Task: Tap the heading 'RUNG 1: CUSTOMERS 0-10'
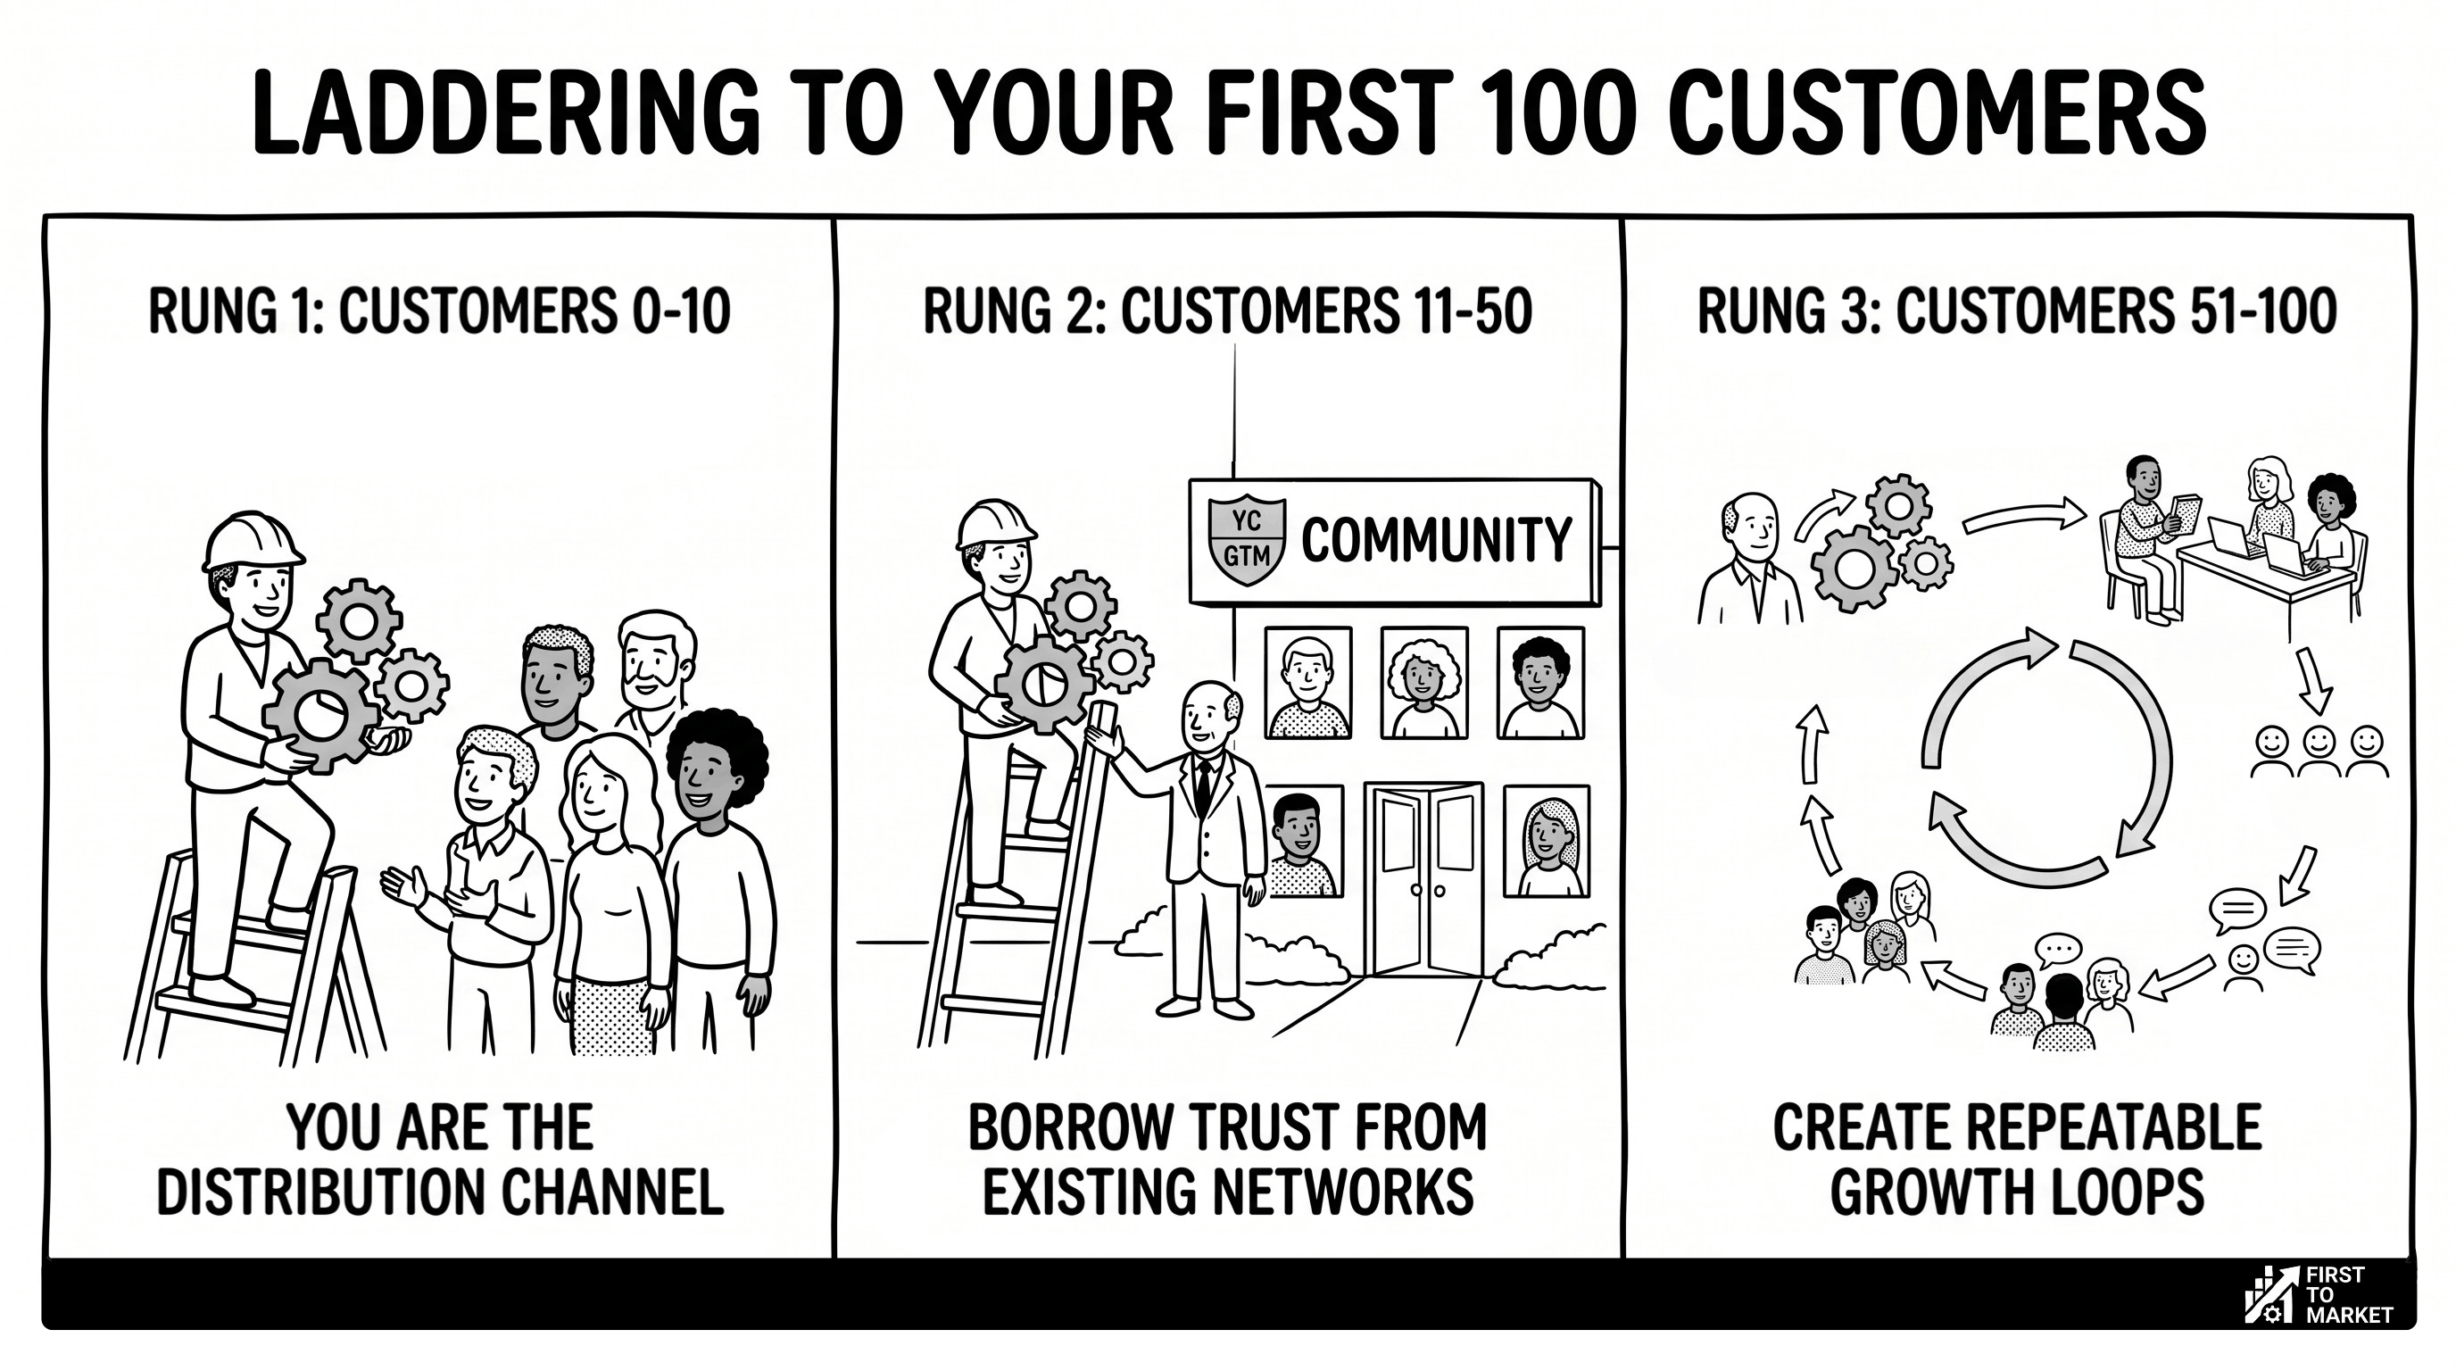tap(439, 312)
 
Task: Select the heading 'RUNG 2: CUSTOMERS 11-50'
tap(1227, 312)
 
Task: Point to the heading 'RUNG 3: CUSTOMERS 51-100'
tap(2017, 312)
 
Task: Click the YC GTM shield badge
tap(1246, 540)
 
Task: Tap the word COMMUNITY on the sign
tap(1436, 541)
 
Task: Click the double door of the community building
tap(1423, 877)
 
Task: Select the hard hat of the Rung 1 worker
tap(252, 542)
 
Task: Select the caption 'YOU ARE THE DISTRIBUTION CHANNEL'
tap(439, 1159)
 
